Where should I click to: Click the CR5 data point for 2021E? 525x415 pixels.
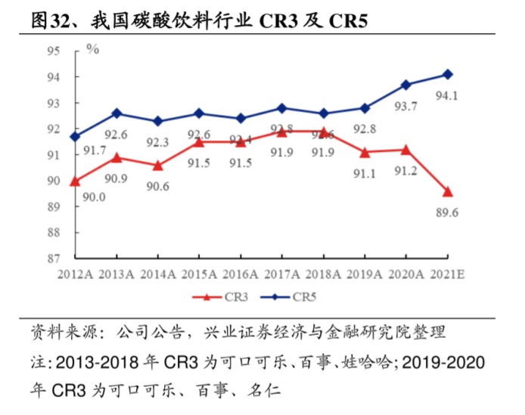point(447,74)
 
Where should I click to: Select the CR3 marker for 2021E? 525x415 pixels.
point(447,191)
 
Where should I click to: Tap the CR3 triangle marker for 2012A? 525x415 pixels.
point(75,181)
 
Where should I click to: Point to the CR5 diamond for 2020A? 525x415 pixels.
point(406,85)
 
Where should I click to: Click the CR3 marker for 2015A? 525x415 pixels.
point(199,141)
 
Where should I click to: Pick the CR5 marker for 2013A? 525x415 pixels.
point(116,113)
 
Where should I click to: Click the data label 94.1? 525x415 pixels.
point(447,95)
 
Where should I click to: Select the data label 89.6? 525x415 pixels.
point(447,213)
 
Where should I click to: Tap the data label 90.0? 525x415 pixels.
point(94,197)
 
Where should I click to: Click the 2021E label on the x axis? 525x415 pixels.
point(447,274)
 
